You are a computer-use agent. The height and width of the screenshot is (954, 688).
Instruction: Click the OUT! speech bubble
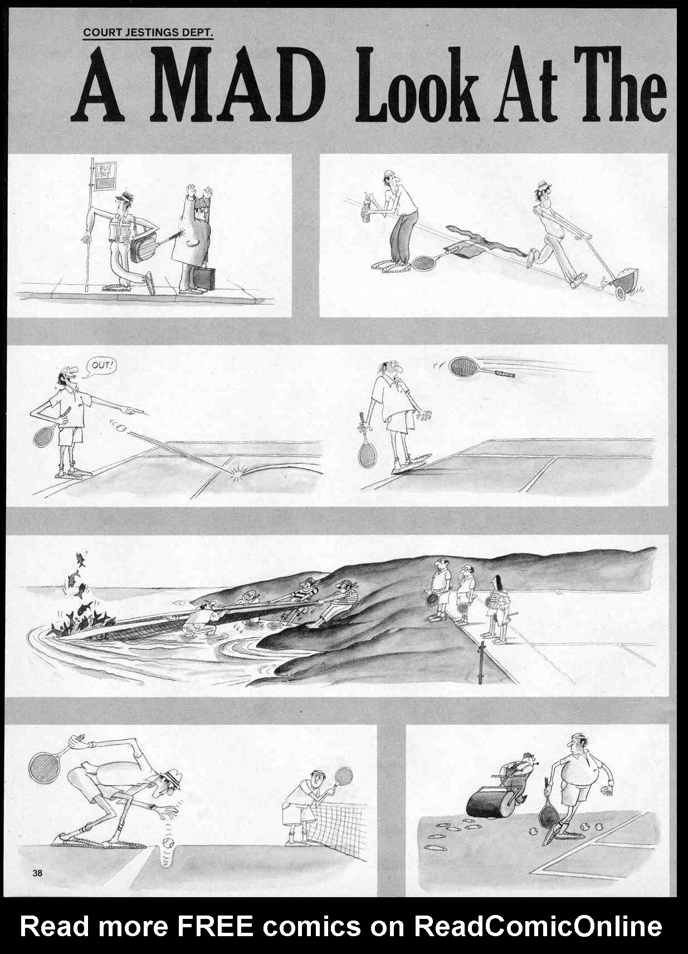[x=100, y=367]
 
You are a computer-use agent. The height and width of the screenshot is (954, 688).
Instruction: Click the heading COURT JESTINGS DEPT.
[x=148, y=33]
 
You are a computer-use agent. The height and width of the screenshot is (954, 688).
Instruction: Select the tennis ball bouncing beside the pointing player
[x=123, y=426]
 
